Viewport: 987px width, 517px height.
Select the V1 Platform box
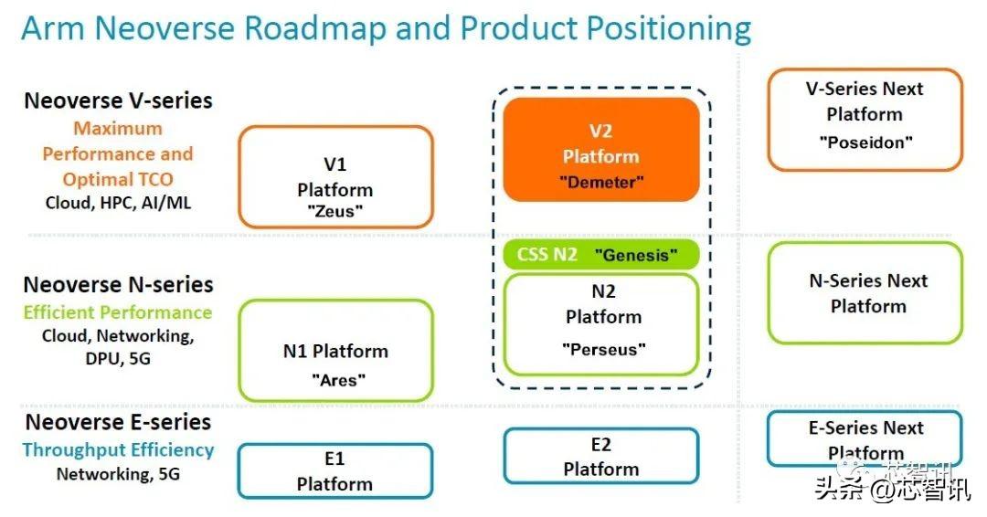(334, 177)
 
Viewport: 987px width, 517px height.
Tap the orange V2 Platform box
(601, 149)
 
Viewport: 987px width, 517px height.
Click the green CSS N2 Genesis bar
(601, 255)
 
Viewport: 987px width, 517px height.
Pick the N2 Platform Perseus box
(601, 323)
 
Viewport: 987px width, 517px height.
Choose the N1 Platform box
(334, 351)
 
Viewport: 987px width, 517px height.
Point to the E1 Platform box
(334, 470)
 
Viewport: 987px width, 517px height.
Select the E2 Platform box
(600, 457)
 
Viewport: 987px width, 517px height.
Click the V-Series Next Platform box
(865, 119)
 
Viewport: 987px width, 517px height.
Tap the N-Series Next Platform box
(865, 293)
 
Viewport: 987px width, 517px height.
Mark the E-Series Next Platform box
(865, 438)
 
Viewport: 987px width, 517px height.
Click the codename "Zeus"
(335, 210)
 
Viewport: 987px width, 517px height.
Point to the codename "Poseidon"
(865, 142)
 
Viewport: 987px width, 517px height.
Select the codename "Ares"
(335, 379)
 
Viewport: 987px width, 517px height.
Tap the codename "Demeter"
(601, 182)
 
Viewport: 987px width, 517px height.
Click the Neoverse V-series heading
(118, 100)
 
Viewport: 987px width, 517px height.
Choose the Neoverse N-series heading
(118, 285)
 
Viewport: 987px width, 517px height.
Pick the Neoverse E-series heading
(118, 422)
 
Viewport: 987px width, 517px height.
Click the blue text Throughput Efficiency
(118, 449)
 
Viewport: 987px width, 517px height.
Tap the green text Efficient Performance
(118, 312)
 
